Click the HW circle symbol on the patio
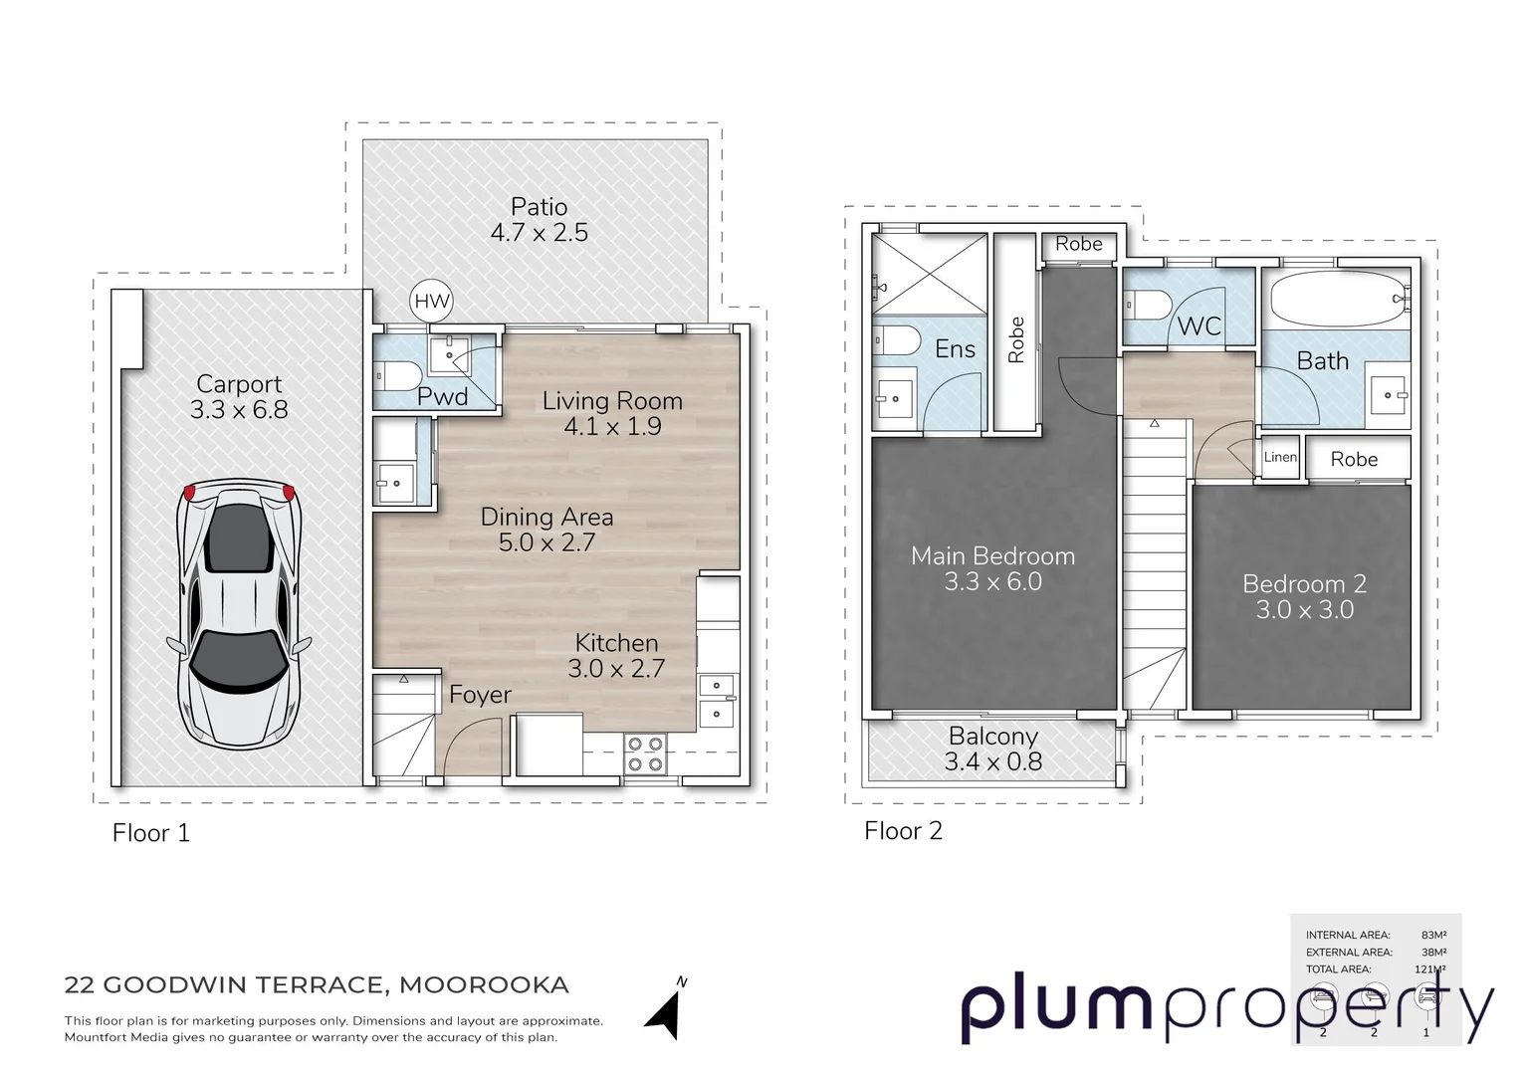[432, 302]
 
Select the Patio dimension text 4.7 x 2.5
[539, 233]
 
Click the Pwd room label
[442, 397]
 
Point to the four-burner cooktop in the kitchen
[644, 753]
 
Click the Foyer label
[480, 695]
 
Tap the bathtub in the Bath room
[1335, 298]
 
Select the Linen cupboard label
[1280, 458]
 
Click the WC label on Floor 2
[1198, 326]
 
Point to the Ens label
[955, 349]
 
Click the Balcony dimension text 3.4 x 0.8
[992, 762]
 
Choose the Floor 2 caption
[903, 831]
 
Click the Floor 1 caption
[150, 833]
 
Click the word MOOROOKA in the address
[484, 985]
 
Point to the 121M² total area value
[1433, 969]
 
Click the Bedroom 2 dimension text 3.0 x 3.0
[1304, 610]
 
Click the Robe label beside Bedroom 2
[1354, 459]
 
